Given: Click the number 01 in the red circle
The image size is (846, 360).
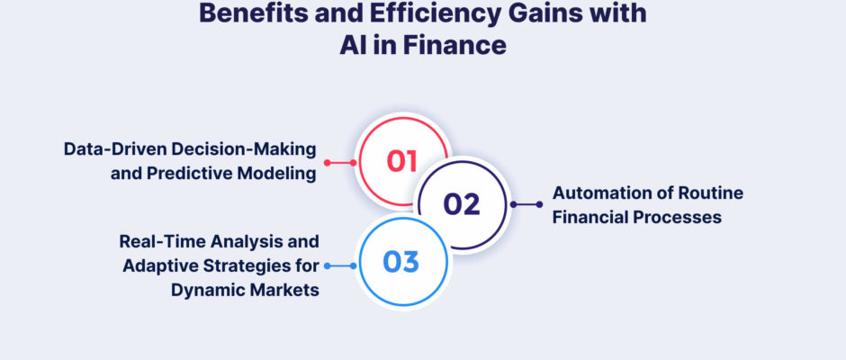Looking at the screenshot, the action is point(402,161).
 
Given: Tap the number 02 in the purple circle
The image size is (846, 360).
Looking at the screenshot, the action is point(462,204).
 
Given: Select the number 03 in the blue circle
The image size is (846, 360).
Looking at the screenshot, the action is point(400,262).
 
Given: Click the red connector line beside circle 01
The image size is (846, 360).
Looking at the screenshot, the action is point(340,163).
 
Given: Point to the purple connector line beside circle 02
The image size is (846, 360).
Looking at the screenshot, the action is point(526,204).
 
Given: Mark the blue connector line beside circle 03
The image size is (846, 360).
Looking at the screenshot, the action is point(340,265).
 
